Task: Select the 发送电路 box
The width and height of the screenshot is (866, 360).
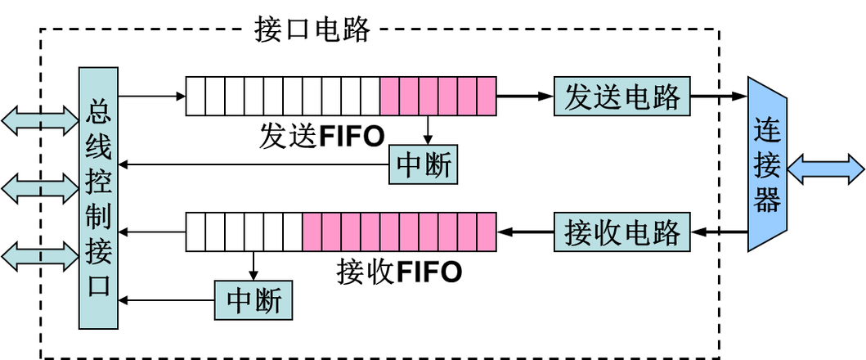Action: pyautogui.click(x=621, y=97)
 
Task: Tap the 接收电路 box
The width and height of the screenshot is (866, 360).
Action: pyautogui.click(x=621, y=232)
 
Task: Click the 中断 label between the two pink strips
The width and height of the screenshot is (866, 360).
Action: pyautogui.click(x=423, y=165)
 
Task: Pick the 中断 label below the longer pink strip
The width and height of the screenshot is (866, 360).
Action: pyautogui.click(x=254, y=300)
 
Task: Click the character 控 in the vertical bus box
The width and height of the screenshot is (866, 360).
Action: pyautogui.click(x=99, y=182)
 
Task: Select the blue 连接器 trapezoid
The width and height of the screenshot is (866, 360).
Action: pyautogui.click(x=767, y=165)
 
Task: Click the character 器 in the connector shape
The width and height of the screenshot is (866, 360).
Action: pyautogui.click(x=767, y=199)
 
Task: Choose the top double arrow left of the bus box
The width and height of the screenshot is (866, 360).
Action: pyautogui.click(x=39, y=119)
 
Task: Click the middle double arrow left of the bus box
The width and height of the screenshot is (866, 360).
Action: pyautogui.click(x=39, y=189)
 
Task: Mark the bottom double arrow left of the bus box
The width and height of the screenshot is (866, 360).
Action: pyautogui.click(x=39, y=257)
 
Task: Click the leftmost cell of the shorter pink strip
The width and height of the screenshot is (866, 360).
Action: pyautogui.click(x=390, y=96)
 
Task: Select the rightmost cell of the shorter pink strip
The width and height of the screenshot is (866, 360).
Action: pyautogui.click(x=487, y=96)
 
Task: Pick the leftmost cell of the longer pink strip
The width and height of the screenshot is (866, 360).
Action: pyautogui.click(x=312, y=232)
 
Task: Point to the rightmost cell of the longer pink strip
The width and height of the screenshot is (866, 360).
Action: pyautogui.click(x=487, y=232)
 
